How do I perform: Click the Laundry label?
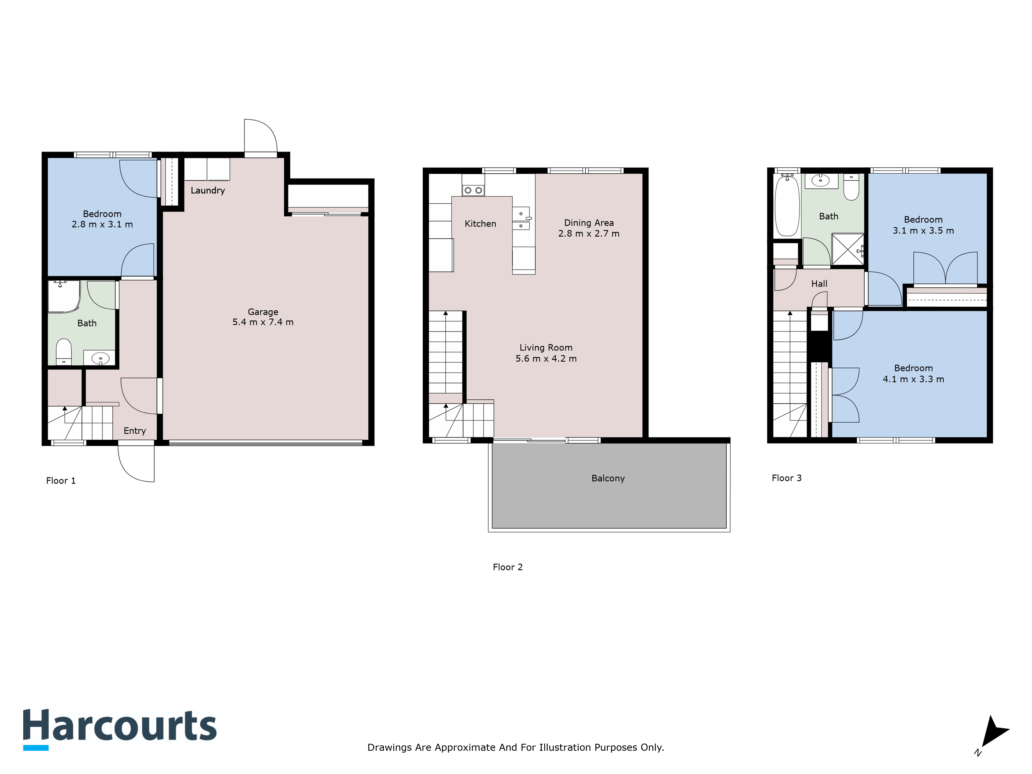coord(208,190)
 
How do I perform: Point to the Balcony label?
coord(608,478)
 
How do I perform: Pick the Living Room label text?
coord(546,348)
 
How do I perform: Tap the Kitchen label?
coord(480,224)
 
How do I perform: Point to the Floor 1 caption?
coord(61,481)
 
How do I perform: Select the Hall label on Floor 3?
coord(819,284)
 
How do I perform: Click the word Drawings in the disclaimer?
coord(386,747)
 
